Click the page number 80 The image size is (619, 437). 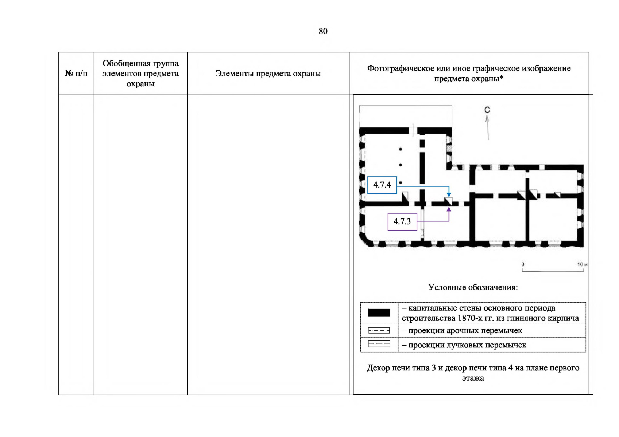323,31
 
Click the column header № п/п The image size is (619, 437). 76,74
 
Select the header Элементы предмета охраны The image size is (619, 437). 268,74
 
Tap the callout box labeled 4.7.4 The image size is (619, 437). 382,185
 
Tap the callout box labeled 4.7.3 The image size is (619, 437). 402,221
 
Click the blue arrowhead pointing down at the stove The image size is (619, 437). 449,195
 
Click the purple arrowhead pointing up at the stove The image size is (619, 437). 449,209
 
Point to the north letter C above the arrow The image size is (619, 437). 487,110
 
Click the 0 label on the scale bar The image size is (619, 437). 523,264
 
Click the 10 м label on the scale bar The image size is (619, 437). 582,264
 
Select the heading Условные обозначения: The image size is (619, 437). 473,287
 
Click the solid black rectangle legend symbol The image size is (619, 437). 379,313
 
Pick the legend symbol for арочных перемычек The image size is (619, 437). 379,331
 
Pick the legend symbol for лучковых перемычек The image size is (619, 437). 379,344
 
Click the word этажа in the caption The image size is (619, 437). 473,378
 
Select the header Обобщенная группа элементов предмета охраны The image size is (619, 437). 140,74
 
